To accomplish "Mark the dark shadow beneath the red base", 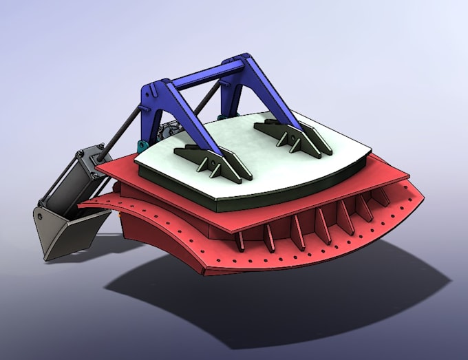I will [x=289, y=303].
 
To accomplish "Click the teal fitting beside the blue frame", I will [x=142, y=145].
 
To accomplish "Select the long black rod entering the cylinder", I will [x=124, y=123].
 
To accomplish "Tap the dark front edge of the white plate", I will [x=289, y=196].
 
